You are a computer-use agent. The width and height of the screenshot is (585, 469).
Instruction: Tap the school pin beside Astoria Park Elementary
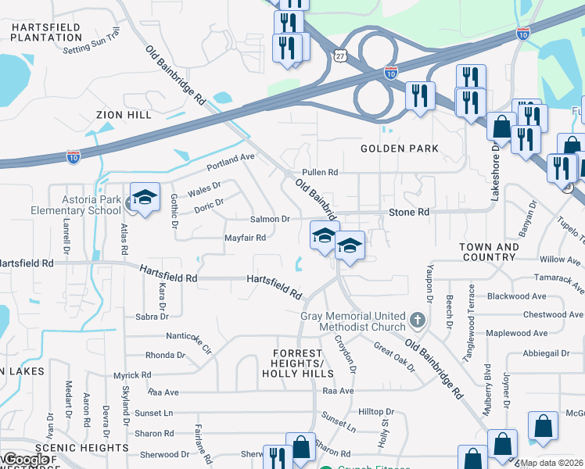pos(145,199)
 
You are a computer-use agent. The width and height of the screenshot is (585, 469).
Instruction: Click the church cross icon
pos(418,320)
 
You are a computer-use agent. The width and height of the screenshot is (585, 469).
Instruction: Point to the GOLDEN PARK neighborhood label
pos(399,149)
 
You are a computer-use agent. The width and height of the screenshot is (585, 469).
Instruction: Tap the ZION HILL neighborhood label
pos(124,115)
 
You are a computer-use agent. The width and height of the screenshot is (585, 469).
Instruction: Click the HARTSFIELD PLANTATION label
pos(46,32)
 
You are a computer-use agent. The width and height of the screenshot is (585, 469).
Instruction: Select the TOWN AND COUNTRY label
pos(489,252)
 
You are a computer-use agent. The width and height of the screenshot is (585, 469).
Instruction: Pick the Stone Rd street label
pos(410,212)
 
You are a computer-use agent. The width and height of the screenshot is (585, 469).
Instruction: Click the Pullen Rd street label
pos(321,172)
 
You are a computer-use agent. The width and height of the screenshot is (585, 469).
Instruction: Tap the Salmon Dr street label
pos(270,220)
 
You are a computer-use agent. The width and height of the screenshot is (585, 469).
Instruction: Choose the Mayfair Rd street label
pos(246,238)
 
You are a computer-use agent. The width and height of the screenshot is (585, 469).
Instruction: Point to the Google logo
pos(26,460)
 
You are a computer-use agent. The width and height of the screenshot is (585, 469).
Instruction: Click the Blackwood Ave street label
pos(516,297)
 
